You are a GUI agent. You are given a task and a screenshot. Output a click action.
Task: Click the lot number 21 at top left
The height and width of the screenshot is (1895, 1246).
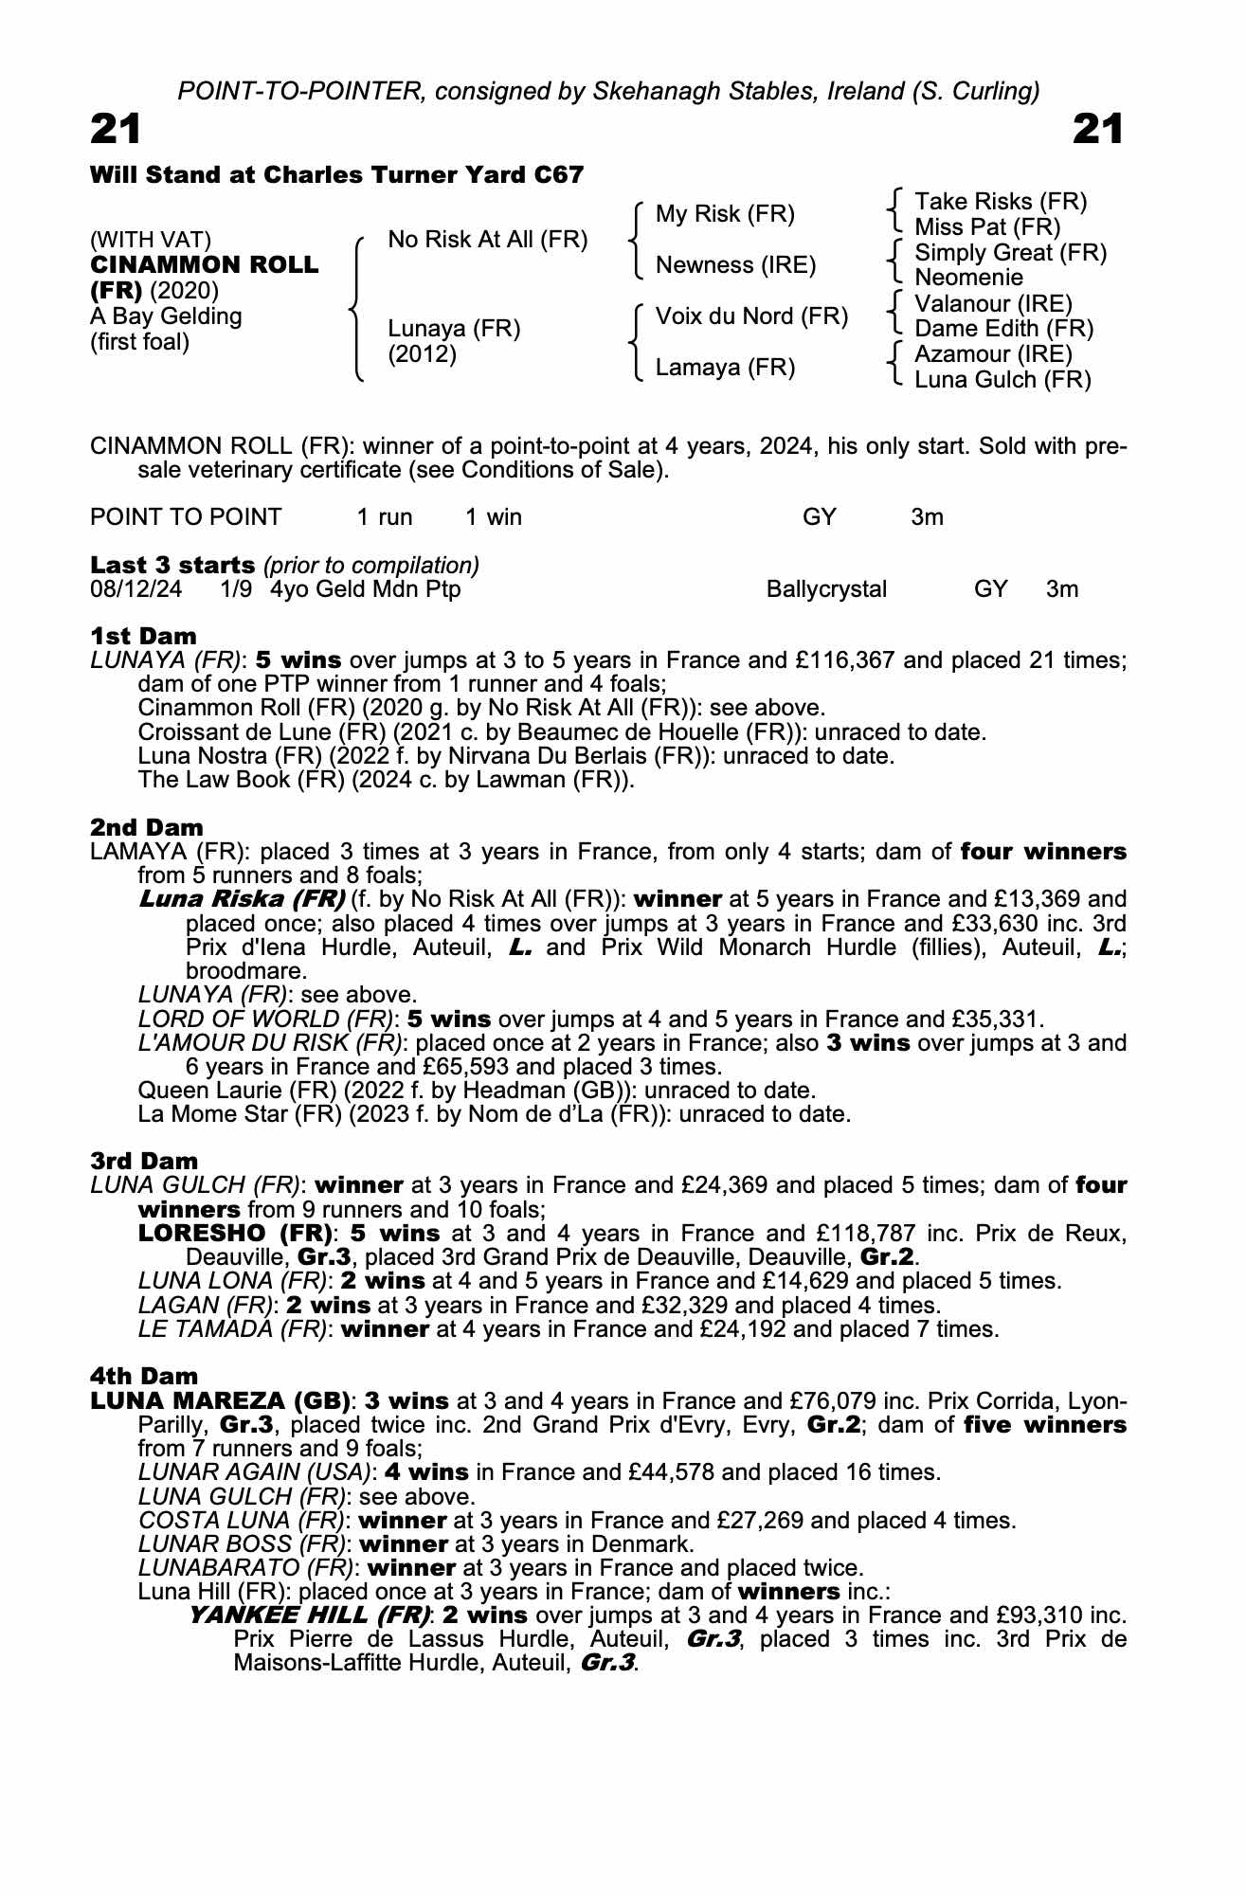pos(116,130)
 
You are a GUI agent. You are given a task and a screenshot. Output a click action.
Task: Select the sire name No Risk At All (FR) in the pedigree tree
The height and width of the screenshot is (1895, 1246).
pos(488,240)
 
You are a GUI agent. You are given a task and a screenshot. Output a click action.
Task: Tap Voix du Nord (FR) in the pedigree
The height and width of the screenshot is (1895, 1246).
pos(751,316)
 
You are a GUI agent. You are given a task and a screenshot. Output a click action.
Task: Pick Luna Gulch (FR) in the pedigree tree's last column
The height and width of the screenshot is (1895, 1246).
pos(1002,380)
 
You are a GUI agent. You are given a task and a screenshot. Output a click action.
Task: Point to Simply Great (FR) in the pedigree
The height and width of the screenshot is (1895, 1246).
pos(1010,253)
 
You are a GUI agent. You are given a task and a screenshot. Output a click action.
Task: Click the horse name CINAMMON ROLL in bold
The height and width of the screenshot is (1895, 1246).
pos(205,265)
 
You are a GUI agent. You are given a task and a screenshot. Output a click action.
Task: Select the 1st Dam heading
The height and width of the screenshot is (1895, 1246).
pos(143,636)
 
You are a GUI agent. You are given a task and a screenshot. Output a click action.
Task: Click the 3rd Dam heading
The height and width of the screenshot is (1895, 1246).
pos(144,1161)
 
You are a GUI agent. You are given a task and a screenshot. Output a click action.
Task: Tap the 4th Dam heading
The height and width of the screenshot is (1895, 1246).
pos(144,1376)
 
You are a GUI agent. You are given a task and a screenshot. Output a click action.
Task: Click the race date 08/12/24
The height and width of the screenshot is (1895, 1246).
pos(135,589)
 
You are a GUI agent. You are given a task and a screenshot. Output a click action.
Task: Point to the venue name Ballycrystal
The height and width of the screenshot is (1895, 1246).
pos(826,589)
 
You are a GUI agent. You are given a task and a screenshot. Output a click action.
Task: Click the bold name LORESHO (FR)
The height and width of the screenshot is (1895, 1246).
pos(235,1234)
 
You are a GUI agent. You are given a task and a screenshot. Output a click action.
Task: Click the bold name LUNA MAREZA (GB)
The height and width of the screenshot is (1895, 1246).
pos(219,1400)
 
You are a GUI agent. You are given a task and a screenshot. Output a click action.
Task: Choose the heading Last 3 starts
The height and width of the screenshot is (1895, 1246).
pos(172,566)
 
